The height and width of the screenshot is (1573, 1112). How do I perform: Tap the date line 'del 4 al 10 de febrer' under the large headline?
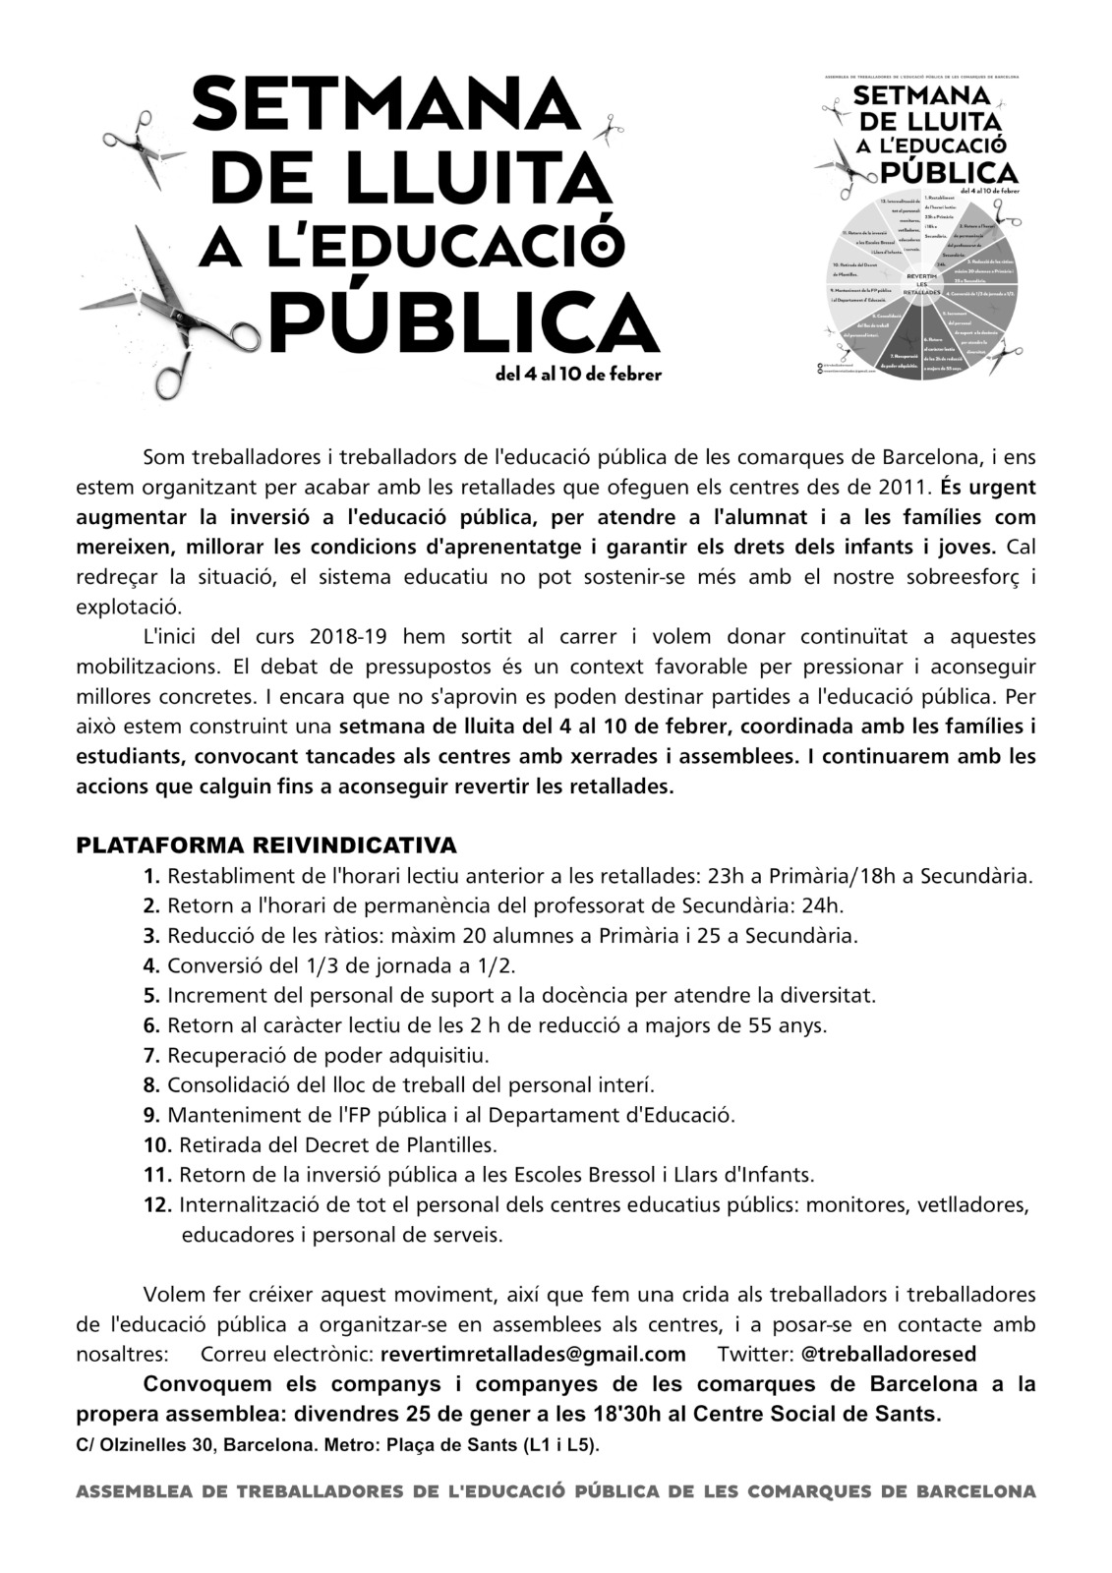point(579,374)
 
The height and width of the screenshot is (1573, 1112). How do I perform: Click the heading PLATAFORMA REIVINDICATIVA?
point(266,845)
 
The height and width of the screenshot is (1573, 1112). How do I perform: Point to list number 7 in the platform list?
point(151,1056)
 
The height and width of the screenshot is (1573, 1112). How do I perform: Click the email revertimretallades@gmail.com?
point(532,1354)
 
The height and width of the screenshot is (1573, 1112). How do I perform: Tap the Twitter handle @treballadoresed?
point(889,1354)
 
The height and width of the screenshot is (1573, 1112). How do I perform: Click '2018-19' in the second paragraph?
point(352,636)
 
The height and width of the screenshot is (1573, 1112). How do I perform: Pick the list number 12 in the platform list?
point(156,1204)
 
